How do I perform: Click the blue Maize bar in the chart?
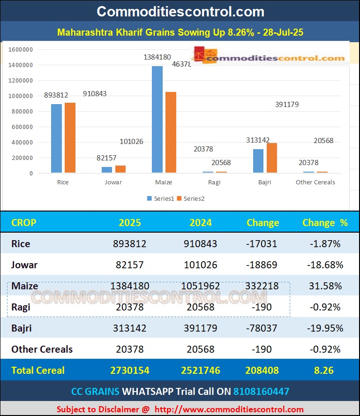click(x=157, y=120)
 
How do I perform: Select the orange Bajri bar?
click(x=272, y=158)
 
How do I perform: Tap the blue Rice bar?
click(x=56, y=138)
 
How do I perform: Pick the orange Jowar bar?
click(x=120, y=169)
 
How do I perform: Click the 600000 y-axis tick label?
click(x=22, y=127)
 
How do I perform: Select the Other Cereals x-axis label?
click(x=315, y=182)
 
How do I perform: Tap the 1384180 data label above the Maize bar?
click(x=157, y=57)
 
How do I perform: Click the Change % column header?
click(x=325, y=223)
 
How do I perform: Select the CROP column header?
click(x=23, y=223)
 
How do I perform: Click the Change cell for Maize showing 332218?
click(x=262, y=286)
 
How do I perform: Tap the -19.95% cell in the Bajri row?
click(x=325, y=328)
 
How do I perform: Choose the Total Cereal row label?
click(x=38, y=371)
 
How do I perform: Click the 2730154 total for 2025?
click(x=130, y=371)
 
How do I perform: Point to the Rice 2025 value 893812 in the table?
click(x=130, y=244)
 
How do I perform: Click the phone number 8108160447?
click(x=261, y=391)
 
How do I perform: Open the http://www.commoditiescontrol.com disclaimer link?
click(x=229, y=409)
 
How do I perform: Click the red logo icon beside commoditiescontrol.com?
click(x=200, y=54)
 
